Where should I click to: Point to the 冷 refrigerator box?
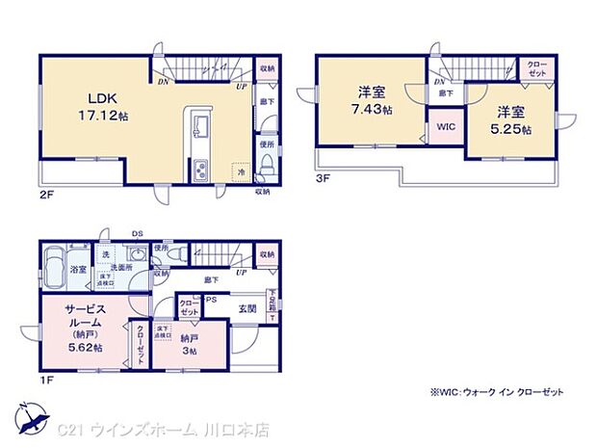click(242, 170)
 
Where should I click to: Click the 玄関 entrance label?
click(246, 308)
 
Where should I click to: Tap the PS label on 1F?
click(210, 299)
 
